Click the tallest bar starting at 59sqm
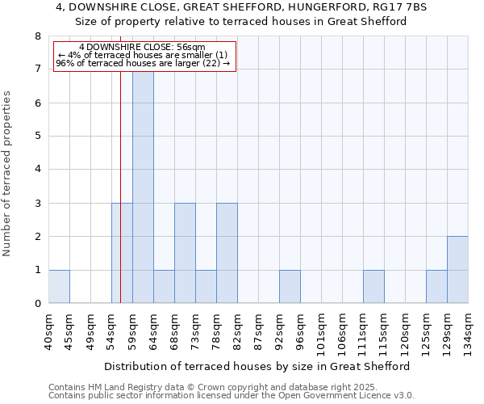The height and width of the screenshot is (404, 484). [143, 186]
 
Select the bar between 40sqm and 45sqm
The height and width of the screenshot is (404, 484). [59, 286]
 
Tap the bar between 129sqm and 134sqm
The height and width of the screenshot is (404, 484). [457, 269]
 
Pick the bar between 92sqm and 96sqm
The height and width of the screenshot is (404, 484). [290, 286]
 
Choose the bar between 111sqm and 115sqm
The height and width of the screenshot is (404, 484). [373, 286]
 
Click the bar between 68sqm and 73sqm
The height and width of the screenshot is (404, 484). [185, 253]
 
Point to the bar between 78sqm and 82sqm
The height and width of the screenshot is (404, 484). [227, 253]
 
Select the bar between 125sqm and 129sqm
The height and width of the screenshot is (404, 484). [436, 286]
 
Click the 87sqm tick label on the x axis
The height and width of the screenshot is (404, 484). [258, 330]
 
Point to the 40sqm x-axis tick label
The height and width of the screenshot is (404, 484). [48, 330]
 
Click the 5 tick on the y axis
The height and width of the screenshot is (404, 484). [37, 136]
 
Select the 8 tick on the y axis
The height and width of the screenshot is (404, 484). [37, 36]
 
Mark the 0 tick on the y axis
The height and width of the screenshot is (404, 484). [37, 304]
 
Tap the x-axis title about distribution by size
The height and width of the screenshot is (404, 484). [257, 366]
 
